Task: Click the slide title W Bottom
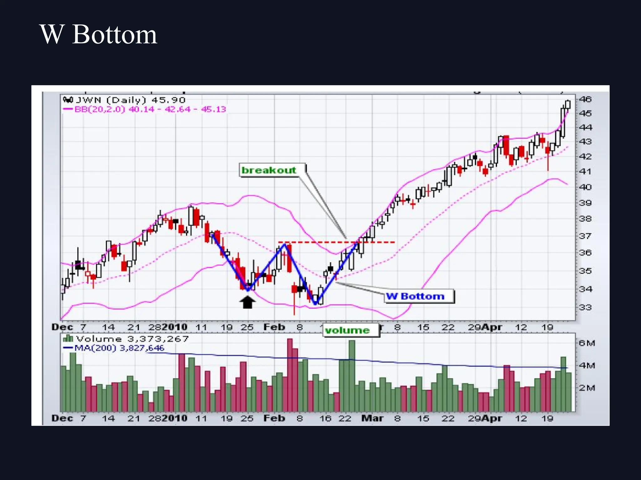[98, 34]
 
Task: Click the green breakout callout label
[269, 170]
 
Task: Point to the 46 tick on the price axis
[585, 99]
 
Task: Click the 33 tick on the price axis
[585, 307]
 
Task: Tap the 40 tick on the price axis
[585, 187]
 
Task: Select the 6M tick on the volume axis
[586, 343]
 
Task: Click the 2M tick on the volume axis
[586, 388]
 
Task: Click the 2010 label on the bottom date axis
[175, 418]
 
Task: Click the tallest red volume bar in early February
[290, 375]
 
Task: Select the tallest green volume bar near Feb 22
[352, 375]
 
